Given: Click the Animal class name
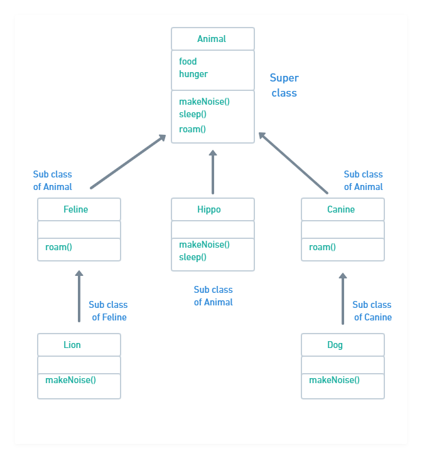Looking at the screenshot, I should coord(212,39).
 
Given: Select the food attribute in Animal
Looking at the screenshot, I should coord(188,61).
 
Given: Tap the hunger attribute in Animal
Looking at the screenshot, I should coord(193,74).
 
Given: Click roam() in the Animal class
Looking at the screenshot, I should coord(192,129).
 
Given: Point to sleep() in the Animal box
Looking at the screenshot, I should coord(193,114).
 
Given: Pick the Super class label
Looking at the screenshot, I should coord(284,85).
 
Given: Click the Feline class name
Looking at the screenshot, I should coord(76,209).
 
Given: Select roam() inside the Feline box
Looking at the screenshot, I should coord(58,247).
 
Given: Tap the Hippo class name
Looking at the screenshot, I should coord(209,209).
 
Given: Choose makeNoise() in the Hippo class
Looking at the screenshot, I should coord(204,245).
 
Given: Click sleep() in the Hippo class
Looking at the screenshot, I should coord(193,257).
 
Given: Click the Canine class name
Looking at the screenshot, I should coord(341,209).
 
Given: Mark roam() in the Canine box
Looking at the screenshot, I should coord(322,247).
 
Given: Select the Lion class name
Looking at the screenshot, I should coord(72,345).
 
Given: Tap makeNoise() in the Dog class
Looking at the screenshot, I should coord(334,380).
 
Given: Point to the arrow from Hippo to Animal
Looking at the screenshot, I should coord(213,172).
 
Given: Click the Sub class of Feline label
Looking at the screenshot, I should coord(108,311).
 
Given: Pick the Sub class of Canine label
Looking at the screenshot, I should coord(372,311).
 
